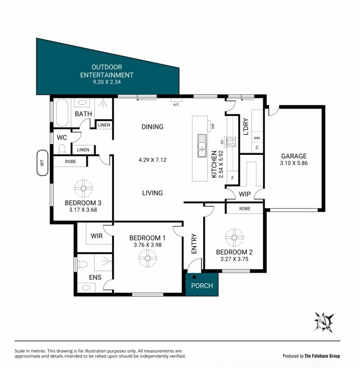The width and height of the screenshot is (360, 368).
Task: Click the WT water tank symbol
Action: coord(42,163)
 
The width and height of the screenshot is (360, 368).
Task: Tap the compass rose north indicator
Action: coord(324,322)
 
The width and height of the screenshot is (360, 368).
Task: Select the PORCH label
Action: coord(202,286)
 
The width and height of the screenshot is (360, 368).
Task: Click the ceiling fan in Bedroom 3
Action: coord(84,188)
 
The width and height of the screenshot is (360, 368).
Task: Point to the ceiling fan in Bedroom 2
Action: coord(234,237)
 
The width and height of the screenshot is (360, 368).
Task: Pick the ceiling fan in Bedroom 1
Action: coord(148,258)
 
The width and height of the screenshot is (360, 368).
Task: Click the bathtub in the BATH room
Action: coord(62,113)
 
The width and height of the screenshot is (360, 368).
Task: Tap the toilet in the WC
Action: coord(62,149)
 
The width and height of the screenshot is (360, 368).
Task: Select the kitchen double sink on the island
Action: coord(202,146)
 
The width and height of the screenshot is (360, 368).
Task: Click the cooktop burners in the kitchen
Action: coord(230,141)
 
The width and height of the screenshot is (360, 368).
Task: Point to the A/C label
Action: coord(176,104)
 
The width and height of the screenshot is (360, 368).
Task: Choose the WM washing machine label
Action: coord(257,138)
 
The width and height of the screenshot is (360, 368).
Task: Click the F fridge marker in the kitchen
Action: coord(233,178)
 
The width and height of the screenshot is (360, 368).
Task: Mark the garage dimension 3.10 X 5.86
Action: coord(294,163)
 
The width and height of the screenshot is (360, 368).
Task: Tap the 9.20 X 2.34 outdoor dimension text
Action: coord(107,82)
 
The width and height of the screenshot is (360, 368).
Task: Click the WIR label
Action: coord(97,236)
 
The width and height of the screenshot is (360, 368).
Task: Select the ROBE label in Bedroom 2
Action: coord(245,209)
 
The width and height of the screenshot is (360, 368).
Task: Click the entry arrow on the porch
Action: coord(194,277)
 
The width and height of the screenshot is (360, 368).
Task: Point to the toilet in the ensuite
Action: coord(82,264)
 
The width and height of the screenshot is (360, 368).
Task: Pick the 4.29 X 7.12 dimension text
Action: coord(153,160)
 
